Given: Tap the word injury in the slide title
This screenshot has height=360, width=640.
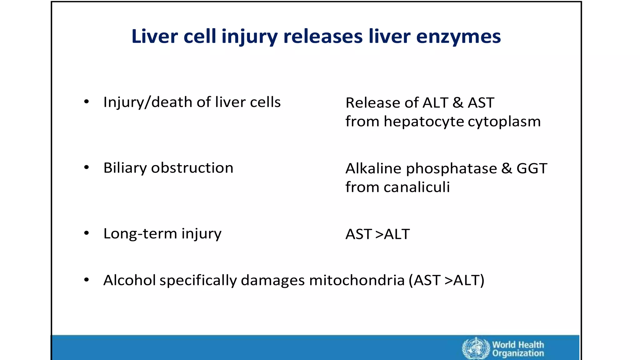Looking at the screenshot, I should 249,37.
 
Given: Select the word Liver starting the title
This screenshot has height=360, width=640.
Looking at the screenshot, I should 155,36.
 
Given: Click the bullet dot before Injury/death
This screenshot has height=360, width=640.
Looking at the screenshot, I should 87,102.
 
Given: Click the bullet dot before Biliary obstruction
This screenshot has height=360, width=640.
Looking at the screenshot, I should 87,167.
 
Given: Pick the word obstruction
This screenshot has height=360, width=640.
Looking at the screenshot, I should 192,168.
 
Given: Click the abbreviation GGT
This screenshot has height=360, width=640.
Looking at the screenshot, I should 532,168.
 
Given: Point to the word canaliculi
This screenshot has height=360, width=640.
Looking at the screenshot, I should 417,187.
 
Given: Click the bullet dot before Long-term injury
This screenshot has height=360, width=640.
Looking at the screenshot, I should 87,233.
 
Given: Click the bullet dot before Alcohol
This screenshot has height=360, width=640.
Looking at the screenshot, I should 87,280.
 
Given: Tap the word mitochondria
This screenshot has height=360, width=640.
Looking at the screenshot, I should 357,280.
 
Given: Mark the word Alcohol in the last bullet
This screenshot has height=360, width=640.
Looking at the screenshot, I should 129,280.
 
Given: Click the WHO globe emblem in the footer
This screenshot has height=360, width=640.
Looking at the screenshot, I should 476,348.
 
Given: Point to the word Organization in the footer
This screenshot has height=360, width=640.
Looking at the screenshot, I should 518,353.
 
